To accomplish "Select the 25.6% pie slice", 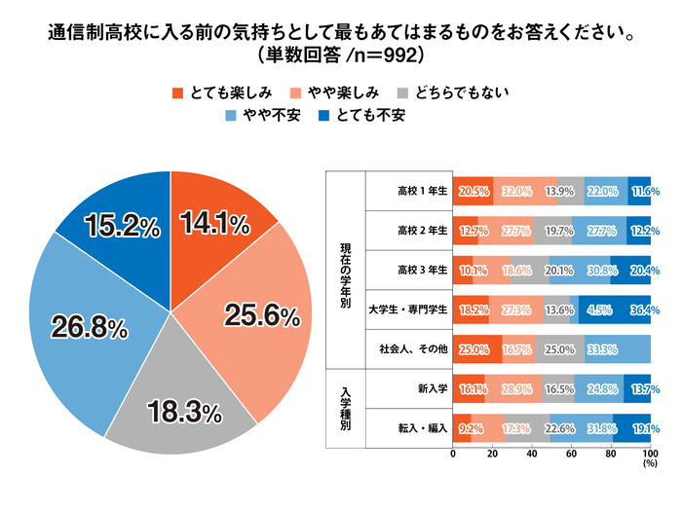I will click(259, 313).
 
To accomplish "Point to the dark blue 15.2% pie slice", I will click(121, 226).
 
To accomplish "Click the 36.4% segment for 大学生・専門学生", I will click(630, 310).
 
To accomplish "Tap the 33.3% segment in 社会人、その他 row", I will click(617, 348).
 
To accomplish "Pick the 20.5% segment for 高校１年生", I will click(474, 192).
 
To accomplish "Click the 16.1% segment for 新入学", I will click(470, 387).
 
